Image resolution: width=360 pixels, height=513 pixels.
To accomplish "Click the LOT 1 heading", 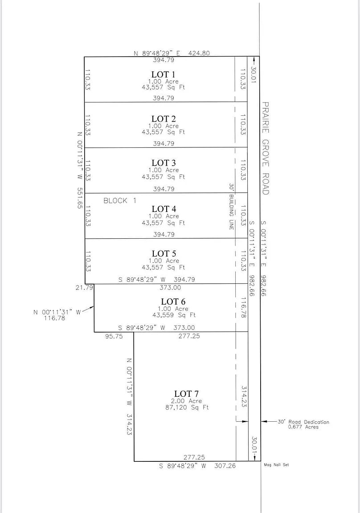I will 163,74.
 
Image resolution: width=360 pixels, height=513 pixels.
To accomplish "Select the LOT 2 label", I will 163,119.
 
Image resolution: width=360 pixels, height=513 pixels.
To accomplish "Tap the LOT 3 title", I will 163,163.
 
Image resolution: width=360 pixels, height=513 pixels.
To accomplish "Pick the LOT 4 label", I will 163,209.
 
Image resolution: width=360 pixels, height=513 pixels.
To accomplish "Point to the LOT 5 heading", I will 163,254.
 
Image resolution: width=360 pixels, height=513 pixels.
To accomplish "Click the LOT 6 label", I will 173,301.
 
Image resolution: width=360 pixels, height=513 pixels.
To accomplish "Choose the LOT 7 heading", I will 186,394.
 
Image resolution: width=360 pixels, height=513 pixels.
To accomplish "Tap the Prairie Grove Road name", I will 265,148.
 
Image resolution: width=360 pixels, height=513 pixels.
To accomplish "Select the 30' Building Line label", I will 231,207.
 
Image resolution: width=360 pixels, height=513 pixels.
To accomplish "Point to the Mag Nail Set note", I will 276,465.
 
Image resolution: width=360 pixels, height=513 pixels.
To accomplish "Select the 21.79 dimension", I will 84,288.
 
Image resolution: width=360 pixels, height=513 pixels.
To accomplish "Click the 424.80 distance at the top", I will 199,53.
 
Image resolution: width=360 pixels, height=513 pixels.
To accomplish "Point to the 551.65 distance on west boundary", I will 80,198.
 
